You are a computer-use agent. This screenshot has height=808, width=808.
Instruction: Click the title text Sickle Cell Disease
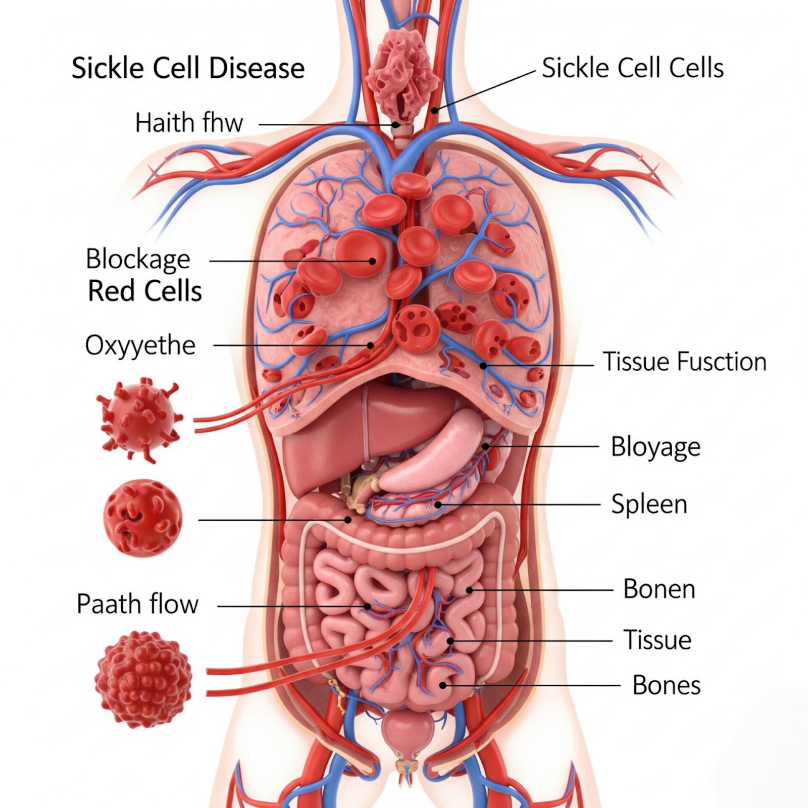(x=188, y=68)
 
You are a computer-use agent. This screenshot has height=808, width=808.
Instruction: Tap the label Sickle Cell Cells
(x=632, y=68)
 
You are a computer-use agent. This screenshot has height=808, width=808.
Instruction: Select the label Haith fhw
(x=189, y=123)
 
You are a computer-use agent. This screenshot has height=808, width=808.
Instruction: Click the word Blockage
(x=138, y=260)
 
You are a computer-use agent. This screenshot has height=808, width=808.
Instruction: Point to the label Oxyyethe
(x=140, y=346)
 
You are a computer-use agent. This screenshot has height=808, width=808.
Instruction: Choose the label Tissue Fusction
(x=684, y=362)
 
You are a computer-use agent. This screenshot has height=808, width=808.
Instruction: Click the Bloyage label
(x=655, y=447)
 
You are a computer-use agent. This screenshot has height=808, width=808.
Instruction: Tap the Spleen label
(x=649, y=504)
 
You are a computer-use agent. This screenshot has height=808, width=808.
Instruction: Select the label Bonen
(x=659, y=589)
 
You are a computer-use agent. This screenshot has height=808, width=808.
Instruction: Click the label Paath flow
(x=137, y=604)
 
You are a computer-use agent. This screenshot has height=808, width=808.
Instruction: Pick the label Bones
(x=666, y=685)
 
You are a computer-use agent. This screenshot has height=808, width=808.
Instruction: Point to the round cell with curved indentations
(x=142, y=516)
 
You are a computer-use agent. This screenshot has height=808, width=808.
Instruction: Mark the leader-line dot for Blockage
(x=373, y=261)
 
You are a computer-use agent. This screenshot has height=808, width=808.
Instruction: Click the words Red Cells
(x=145, y=291)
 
